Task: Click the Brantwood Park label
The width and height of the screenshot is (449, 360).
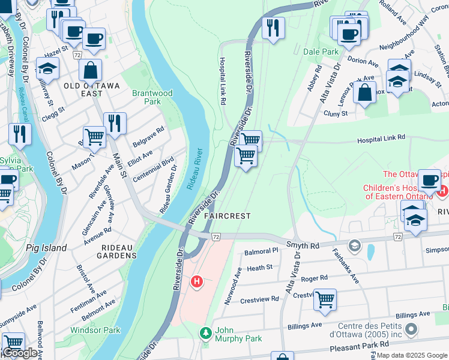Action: (152, 97)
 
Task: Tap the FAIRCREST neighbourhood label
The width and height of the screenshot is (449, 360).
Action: (226, 215)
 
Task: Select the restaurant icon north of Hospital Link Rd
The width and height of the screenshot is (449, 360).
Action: (273, 28)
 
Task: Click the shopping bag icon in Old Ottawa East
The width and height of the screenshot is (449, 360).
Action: (90, 70)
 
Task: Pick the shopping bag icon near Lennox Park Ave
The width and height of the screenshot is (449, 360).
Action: (364, 92)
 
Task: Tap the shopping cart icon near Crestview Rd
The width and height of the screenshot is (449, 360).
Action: (325, 299)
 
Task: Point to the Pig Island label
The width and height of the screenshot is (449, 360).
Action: (44, 247)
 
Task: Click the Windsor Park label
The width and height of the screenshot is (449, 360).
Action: (95, 330)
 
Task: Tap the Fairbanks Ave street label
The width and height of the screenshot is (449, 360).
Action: (345, 266)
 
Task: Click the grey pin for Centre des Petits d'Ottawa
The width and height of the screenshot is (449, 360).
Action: (411, 329)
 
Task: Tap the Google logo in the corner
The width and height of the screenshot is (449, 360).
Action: (20, 353)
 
